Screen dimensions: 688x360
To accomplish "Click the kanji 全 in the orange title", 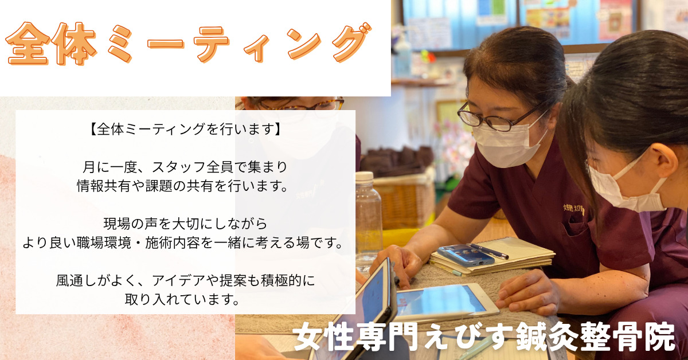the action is (x=28, y=44).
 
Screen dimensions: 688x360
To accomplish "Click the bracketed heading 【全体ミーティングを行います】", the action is (x=186, y=130).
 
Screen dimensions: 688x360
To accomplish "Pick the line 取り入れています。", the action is (x=182, y=299).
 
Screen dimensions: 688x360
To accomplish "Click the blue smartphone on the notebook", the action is (x=466, y=255).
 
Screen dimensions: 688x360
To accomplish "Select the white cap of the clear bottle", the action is (x=364, y=177).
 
